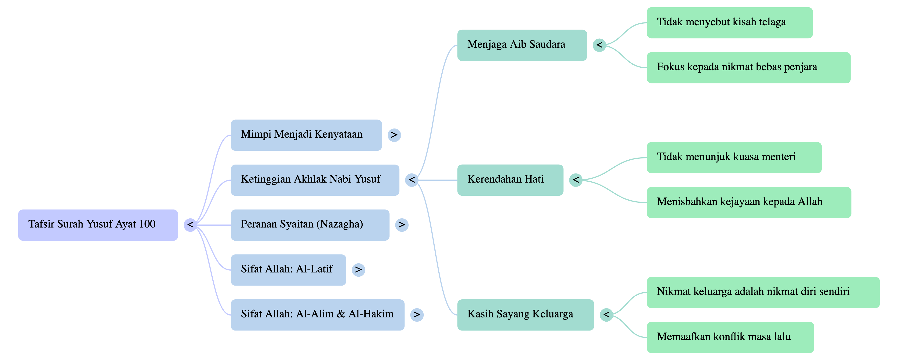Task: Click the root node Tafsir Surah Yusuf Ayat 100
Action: point(98,225)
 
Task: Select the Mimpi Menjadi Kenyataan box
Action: point(306,135)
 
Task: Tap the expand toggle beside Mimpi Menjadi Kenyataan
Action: point(394,135)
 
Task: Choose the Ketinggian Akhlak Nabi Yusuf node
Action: point(315,180)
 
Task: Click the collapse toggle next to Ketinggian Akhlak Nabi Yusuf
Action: point(411,180)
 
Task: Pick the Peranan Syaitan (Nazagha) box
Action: point(310,225)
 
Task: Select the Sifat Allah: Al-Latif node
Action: point(288,270)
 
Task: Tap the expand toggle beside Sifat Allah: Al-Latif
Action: point(358,270)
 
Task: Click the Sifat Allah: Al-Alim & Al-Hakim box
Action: point(317,315)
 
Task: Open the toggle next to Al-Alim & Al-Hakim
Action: point(417,315)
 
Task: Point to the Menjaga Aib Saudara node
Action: point(522,45)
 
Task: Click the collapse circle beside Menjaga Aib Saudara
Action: point(600,45)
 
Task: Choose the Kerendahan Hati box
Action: point(510,180)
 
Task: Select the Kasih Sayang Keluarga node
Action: point(525,315)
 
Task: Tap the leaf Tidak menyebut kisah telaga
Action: point(729,23)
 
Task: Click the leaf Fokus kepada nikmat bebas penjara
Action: point(748,68)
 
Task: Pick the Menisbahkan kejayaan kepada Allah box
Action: point(749,202)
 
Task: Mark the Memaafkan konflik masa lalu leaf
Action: point(730,337)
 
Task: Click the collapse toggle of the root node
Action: point(190,225)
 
